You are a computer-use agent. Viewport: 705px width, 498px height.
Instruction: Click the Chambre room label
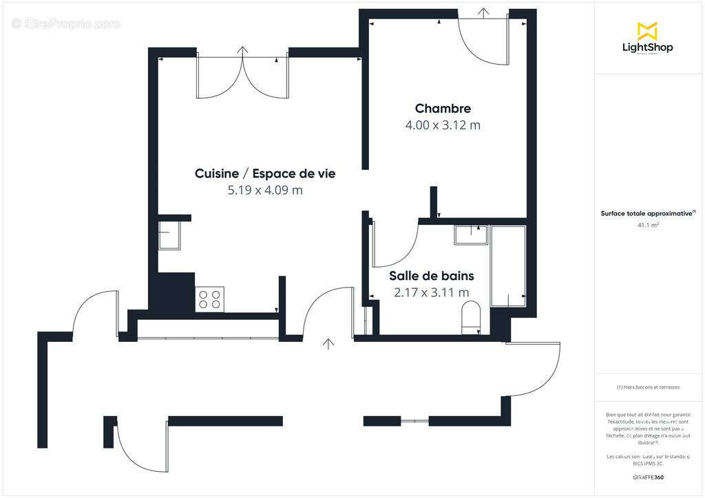(443, 109)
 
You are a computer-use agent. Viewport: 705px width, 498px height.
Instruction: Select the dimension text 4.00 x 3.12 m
(443, 125)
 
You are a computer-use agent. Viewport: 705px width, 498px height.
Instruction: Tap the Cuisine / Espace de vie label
(265, 173)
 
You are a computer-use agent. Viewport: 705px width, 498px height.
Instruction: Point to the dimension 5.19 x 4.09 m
(265, 191)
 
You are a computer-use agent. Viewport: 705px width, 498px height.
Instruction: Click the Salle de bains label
(431, 276)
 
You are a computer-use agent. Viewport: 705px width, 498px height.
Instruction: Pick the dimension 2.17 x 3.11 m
(431, 292)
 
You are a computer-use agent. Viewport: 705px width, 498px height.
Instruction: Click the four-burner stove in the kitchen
(210, 299)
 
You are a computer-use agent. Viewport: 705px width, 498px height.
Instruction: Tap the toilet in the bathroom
(472, 318)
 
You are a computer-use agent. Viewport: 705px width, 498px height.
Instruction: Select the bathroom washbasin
(471, 235)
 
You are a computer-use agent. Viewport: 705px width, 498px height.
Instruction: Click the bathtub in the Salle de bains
(508, 266)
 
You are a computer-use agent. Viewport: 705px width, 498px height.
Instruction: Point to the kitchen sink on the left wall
(169, 236)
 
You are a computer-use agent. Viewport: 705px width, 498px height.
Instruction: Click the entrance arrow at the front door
(329, 343)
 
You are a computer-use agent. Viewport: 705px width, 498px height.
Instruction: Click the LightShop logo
(647, 38)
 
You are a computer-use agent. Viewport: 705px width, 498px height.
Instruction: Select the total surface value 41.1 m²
(648, 225)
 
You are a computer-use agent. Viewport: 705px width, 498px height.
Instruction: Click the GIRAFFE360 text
(648, 477)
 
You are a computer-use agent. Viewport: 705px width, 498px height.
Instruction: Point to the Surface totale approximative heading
(647, 213)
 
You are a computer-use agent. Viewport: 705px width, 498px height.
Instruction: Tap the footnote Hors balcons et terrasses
(648, 387)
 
